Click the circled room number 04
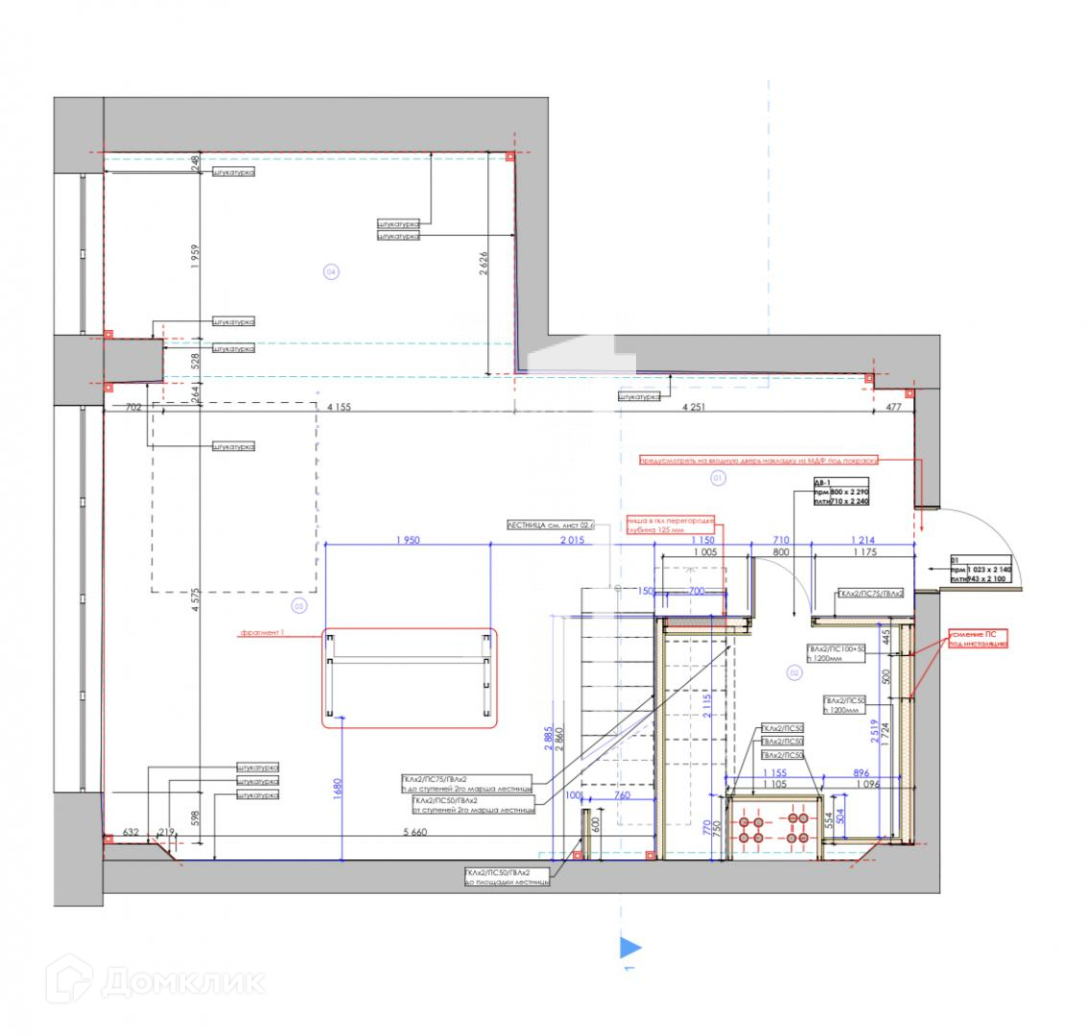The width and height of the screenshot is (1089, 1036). point(331,272)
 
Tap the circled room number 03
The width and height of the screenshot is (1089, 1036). point(298,605)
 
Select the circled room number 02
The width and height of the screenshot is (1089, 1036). point(794,672)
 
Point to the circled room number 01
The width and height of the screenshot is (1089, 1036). point(716,477)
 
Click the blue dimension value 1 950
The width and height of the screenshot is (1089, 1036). point(409,540)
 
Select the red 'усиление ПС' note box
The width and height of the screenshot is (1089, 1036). point(979,640)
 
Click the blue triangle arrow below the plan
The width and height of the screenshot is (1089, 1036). point(629,948)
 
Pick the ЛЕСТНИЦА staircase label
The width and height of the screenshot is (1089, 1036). point(552,525)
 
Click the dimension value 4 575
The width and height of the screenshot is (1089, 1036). point(195,595)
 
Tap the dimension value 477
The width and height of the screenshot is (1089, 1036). point(894,407)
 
